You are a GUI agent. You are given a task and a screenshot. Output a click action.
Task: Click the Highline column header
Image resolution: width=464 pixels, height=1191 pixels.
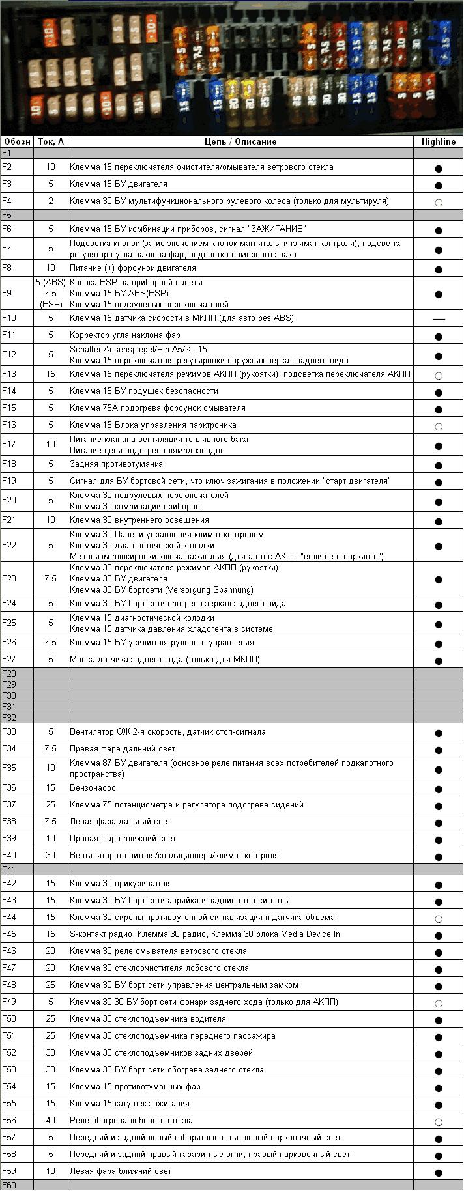pyautogui.click(x=438, y=141)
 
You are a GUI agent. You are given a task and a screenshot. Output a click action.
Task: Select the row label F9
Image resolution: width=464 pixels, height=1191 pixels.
pyautogui.click(x=7, y=293)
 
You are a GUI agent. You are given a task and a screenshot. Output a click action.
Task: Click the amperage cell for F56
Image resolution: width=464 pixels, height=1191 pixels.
pyautogui.click(x=50, y=1120)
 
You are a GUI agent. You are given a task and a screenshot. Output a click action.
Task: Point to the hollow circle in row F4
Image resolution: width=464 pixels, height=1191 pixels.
pyautogui.click(x=438, y=203)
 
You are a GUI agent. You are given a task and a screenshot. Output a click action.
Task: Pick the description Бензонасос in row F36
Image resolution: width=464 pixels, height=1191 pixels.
pyautogui.click(x=93, y=787)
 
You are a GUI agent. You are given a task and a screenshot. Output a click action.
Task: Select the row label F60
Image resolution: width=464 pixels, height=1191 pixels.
pyautogui.click(x=8, y=1184)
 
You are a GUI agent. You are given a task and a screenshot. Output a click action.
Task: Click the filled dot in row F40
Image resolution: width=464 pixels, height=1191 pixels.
pyautogui.click(x=438, y=857)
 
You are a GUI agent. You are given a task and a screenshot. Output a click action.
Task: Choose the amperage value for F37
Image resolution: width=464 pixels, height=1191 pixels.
pyautogui.click(x=50, y=804)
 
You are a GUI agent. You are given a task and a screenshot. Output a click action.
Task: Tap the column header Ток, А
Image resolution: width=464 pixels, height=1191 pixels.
pyautogui.click(x=50, y=141)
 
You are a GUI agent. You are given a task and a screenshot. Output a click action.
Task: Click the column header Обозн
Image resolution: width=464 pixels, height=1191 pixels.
pyautogui.click(x=16, y=141)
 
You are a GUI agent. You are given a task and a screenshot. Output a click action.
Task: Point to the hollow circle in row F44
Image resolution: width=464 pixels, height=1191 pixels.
pyautogui.click(x=438, y=919)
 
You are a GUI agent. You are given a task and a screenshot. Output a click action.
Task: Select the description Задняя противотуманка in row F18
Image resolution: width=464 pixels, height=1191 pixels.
pyautogui.click(x=116, y=464)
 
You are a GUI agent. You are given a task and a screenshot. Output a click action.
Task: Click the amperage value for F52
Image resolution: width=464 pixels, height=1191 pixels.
pyautogui.click(x=50, y=1052)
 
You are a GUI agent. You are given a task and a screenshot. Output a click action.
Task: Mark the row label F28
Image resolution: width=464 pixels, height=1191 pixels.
pyautogui.click(x=8, y=673)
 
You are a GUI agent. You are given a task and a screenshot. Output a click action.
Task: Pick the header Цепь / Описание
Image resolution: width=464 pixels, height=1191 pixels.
pyautogui.click(x=240, y=141)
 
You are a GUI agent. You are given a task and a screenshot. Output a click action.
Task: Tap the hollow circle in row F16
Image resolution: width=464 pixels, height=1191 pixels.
pyautogui.click(x=438, y=427)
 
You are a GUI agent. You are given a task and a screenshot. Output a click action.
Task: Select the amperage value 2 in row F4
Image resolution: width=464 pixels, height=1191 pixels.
pyautogui.click(x=50, y=201)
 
